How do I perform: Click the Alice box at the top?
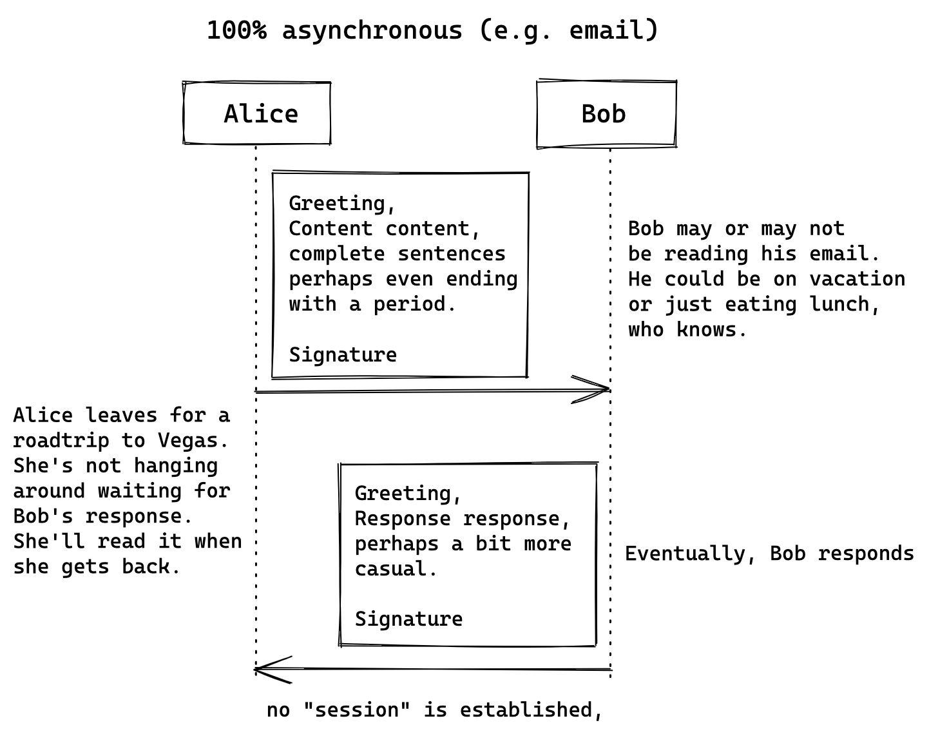(x=257, y=113)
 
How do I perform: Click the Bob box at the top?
(x=606, y=114)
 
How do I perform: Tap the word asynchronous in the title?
(x=372, y=30)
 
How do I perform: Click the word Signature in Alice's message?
(x=343, y=354)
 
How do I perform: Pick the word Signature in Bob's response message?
(x=408, y=619)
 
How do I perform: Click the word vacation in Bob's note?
(x=857, y=279)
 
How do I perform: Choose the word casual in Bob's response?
(x=396, y=569)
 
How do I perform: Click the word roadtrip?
(x=61, y=440)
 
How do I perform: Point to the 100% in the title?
(x=236, y=30)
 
